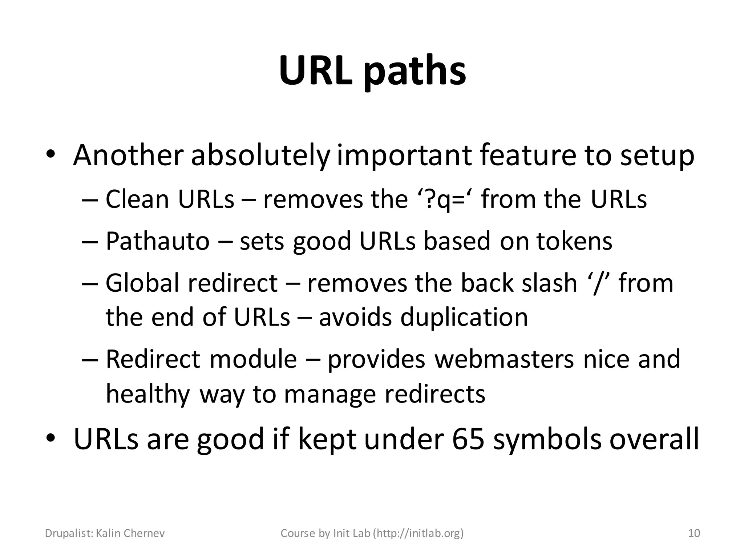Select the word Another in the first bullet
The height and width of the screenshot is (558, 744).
click(x=127, y=155)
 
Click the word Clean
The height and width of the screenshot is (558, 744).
click(x=137, y=199)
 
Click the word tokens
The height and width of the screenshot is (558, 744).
click(x=574, y=241)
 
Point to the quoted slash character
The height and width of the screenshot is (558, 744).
click(x=598, y=284)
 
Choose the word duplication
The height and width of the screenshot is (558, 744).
click(x=464, y=317)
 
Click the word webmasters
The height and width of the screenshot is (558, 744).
click(x=504, y=359)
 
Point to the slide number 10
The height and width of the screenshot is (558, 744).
click(x=694, y=533)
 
